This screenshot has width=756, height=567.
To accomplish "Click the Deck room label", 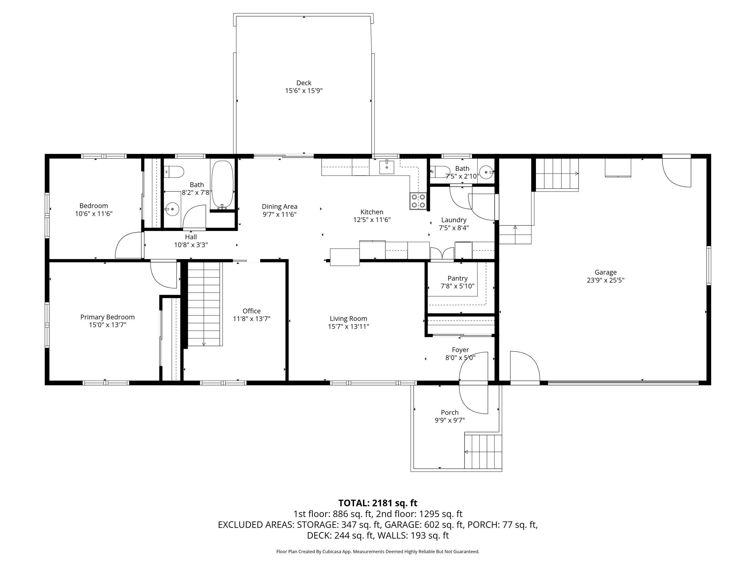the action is pos(304,83).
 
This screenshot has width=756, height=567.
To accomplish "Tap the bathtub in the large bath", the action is pos(222,185).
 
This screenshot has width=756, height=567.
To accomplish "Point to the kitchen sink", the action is pos(387,167).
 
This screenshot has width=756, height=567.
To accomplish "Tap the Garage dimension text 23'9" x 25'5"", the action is pos(606,280).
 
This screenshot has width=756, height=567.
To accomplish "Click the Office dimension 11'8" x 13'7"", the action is pos(252,319).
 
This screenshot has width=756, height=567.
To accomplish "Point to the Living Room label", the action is pos(348,319).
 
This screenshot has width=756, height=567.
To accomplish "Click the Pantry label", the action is pos(458,278).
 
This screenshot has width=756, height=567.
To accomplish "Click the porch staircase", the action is pos(483,452).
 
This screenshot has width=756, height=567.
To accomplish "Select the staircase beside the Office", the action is pos(204,304).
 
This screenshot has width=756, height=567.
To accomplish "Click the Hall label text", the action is pos(191,237).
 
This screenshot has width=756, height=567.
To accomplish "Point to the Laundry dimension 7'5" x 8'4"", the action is pos(454,228).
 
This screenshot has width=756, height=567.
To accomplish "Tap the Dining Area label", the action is pos(280,206).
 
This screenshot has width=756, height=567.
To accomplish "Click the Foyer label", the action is pos(460,350).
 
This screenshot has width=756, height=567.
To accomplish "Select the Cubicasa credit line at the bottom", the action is pos(378,551).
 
